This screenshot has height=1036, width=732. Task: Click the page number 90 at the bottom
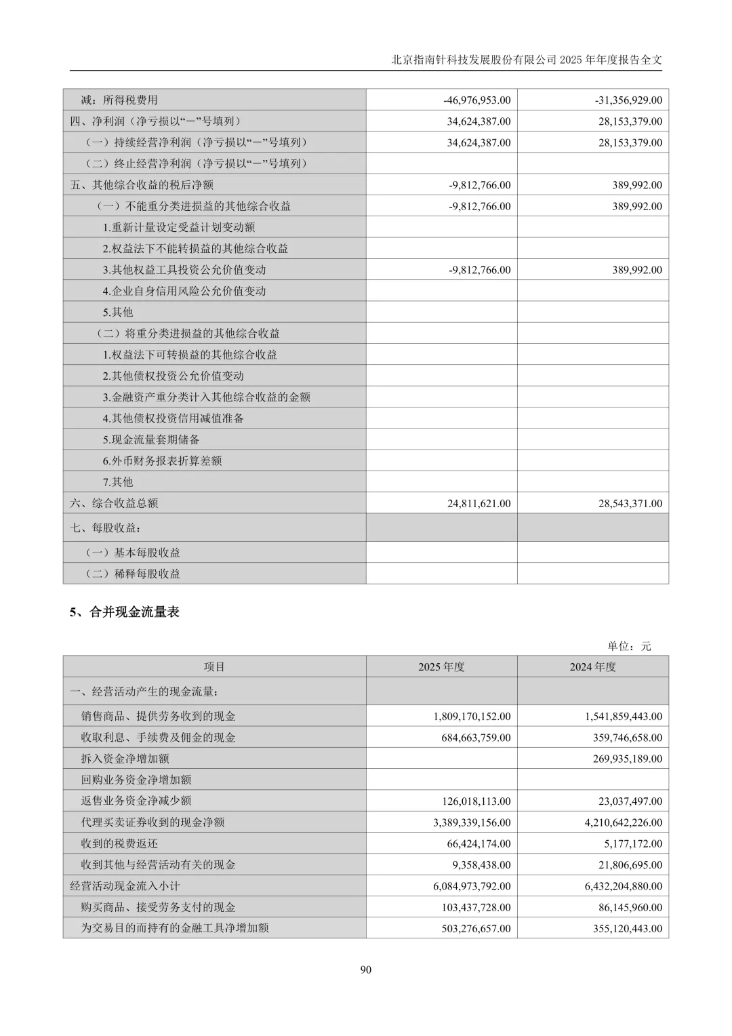tap(366, 970)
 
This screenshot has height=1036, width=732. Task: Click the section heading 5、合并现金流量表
tap(125, 612)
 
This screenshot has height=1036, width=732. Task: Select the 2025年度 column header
tap(441, 667)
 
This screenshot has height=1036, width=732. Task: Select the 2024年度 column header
tap(592, 667)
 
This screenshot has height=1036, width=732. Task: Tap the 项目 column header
tap(214, 667)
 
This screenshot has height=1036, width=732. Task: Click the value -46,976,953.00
tap(477, 100)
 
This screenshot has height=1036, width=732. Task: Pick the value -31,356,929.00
tap(628, 100)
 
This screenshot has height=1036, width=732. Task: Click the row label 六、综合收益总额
tap(114, 503)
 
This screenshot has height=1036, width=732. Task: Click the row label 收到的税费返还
tap(119, 843)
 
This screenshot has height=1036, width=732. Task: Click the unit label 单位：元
tap(629, 646)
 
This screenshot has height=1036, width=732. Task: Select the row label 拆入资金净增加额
tap(125, 759)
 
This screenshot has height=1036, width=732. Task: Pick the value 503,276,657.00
tap(476, 928)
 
